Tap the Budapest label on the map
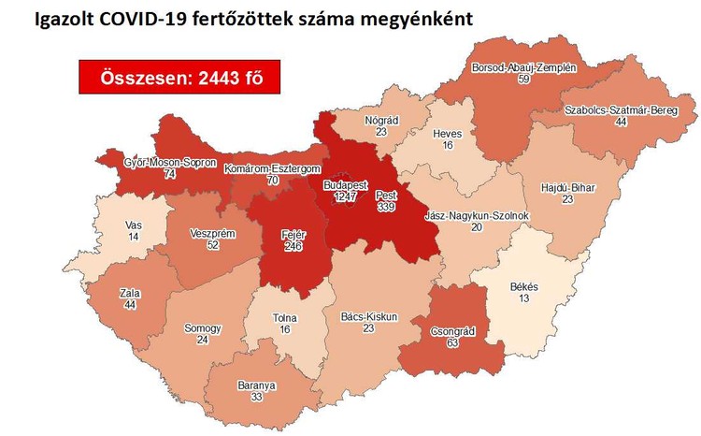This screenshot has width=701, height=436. click(346, 185)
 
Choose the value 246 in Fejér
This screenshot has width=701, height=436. click(296, 247)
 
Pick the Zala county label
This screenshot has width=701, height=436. click(130, 293)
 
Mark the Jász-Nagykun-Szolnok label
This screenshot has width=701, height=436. click(477, 215)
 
